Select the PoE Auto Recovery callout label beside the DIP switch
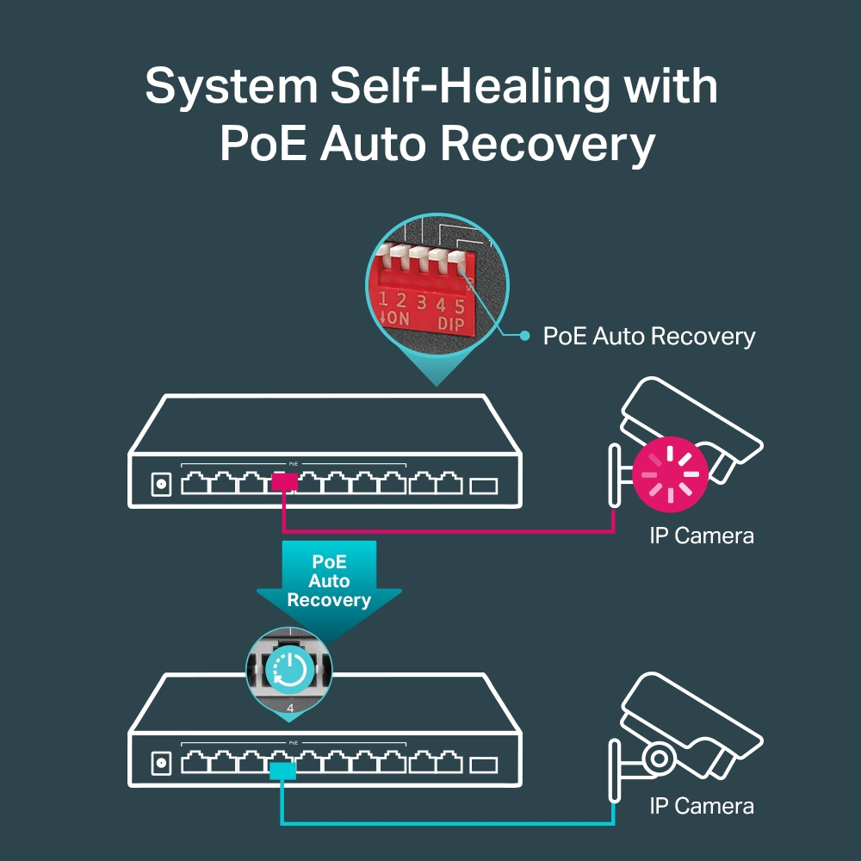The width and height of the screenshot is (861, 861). [x=648, y=336]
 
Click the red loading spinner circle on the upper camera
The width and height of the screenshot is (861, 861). [x=670, y=473]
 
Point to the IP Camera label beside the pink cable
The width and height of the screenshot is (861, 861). [x=702, y=536]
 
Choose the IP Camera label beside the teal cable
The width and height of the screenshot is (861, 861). [x=702, y=806]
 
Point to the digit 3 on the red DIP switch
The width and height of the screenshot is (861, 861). [x=421, y=302]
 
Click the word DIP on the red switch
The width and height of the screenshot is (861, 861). [x=450, y=324]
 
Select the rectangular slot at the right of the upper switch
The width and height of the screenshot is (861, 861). [x=484, y=486]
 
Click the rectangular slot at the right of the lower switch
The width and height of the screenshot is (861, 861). [x=484, y=764]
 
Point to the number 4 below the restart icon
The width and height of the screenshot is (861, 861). [x=290, y=709]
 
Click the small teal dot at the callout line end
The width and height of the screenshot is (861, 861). [x=524, y=336]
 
